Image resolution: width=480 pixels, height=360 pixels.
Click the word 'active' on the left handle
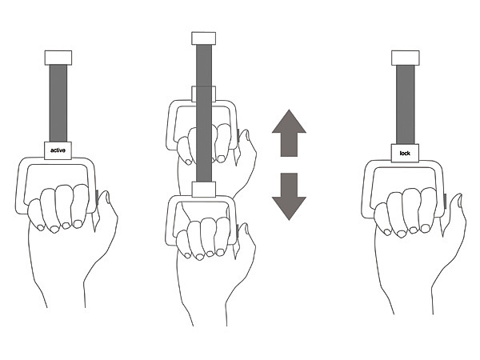click(x=58, y=150)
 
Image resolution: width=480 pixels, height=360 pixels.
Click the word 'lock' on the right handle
click(x=405, y=153)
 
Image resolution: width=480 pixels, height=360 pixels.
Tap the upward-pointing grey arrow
click(x=289, y=133)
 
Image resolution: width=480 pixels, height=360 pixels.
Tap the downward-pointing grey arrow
click(x=289, y=197)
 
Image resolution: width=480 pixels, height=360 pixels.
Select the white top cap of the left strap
click(x=58, y=58)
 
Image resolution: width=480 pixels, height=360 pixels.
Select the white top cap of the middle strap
click(x=203, y=38)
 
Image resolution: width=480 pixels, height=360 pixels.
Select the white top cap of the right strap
click(x=406, y=58)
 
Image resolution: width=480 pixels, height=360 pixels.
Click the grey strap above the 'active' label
click(x=58, y=103)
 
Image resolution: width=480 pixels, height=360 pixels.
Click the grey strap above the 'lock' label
click(x=406, y=104)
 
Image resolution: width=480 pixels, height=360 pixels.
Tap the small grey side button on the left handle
click(x=98, y=198)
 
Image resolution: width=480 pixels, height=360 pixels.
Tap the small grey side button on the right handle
click(x=445, y=202)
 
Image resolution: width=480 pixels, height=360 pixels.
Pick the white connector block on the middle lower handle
click(x=204, y=189)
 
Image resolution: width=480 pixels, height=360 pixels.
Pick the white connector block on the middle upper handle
click(x=203, y=94)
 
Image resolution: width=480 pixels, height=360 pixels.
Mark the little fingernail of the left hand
click(x=40, y=227)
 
